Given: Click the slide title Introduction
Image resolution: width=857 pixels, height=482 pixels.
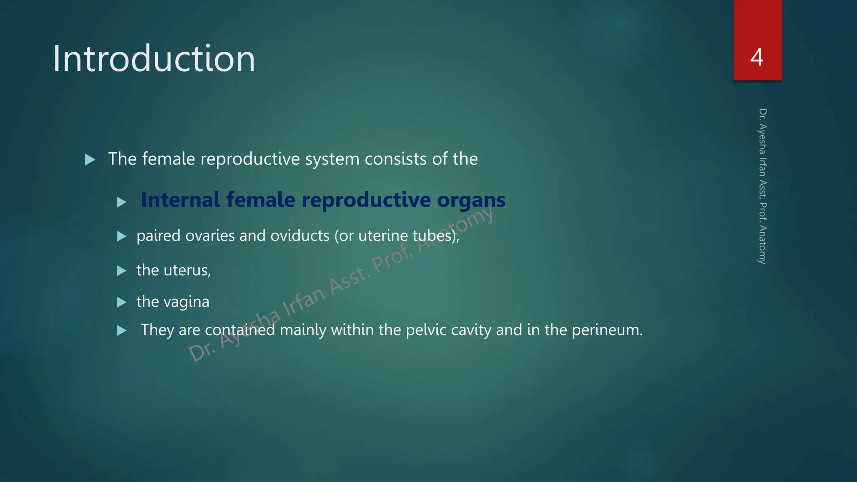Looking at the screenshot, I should point(154,59).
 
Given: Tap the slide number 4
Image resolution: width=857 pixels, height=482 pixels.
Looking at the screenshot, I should point(757,57).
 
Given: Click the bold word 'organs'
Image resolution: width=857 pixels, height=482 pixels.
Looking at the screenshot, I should point(471,200).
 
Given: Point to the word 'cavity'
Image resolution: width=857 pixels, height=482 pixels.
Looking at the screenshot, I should point(471,330).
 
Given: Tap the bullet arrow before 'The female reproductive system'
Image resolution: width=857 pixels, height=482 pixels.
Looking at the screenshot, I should point(90,159).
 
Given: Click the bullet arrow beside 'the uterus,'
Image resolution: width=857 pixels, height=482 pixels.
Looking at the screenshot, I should point(122,271).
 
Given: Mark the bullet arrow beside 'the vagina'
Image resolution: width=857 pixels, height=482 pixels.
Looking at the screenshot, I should point(122,302).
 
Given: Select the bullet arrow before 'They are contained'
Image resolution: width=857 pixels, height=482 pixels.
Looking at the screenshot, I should point(122,331).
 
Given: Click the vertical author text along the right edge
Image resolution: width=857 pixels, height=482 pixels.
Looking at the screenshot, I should point(762,186).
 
